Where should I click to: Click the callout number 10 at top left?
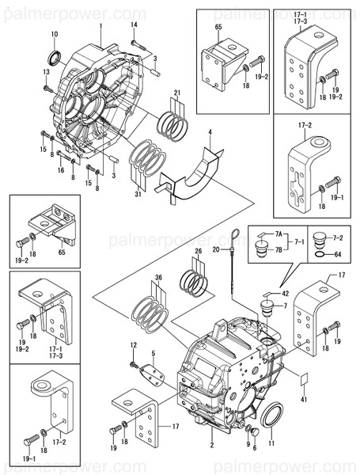click(54, 33)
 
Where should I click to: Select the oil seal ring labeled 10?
click(54, 56)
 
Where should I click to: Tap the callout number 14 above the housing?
click(134, 25)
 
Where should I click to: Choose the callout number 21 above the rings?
click(177, 93)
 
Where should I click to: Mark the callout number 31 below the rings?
click(138, 195)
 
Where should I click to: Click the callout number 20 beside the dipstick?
click(215, 249)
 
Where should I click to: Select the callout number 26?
click(198, 251)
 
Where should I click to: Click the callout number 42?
click(286, 292)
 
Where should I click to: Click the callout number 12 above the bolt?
click(134, 344)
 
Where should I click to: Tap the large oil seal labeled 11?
click(271, 415)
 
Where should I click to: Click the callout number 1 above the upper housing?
click(101, 25)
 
